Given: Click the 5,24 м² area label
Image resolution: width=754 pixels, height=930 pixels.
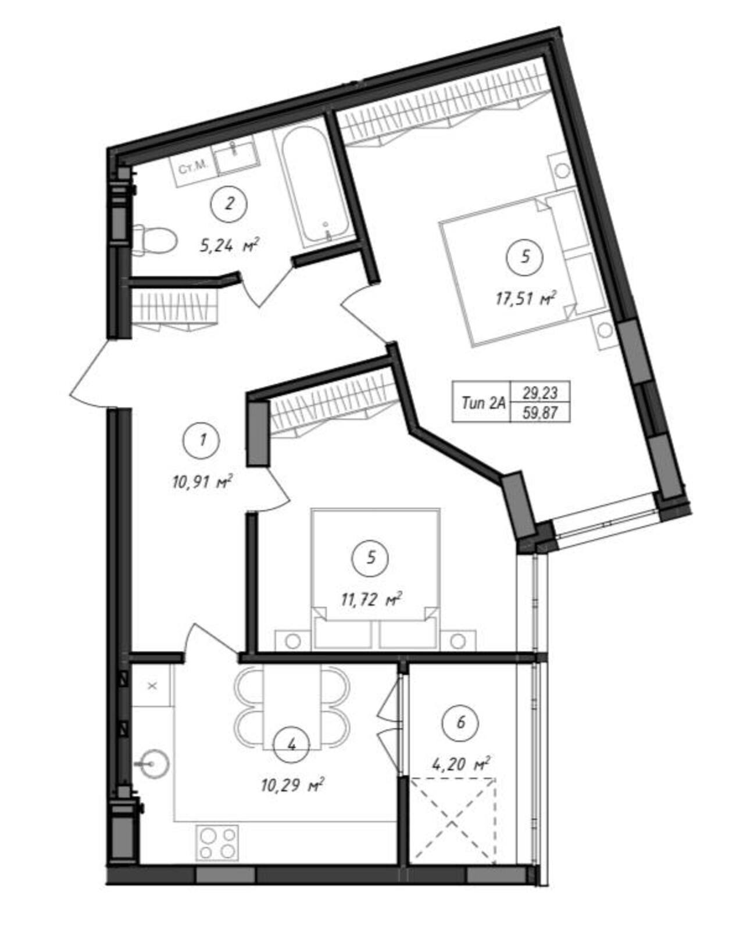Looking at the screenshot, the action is point(229,246).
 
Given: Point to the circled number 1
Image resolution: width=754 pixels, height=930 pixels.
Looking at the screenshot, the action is point(202,441).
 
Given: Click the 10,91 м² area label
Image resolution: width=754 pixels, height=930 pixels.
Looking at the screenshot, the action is point(201,482).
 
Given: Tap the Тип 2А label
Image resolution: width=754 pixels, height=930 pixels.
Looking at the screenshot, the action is point(483,403).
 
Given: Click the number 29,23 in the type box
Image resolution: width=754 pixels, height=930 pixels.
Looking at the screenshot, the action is point(541,393).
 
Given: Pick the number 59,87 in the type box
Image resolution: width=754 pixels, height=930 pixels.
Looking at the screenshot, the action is point(541,413).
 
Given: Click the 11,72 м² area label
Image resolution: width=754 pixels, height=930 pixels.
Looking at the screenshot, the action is point(371,600).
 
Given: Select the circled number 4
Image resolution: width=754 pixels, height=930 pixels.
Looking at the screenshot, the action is point(292,745).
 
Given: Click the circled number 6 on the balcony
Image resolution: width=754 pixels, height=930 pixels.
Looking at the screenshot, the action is point(460,722).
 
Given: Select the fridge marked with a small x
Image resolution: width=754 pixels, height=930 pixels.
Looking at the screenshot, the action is point(152,686).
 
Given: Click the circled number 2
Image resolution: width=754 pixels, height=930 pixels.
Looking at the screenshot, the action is point(229,204).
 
